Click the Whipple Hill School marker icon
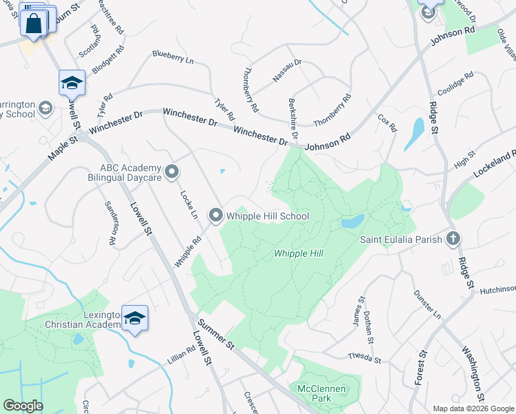215,217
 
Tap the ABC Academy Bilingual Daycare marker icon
172,170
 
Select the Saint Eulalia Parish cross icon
453,239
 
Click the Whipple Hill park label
299,254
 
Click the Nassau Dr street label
287,72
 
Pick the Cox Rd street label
388,123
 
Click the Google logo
23,406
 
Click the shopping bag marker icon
34,24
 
